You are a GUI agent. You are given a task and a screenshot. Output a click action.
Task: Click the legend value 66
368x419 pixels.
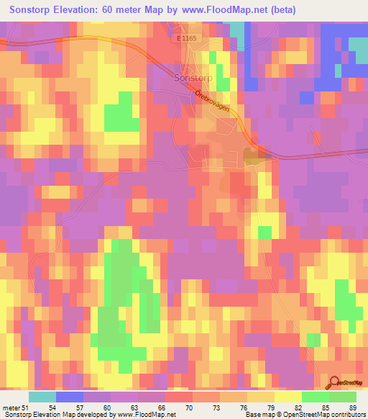pos(161,407)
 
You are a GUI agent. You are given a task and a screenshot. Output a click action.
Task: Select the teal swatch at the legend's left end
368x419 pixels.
pos(42,397)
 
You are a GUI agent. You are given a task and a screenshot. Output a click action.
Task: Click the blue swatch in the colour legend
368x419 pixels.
pos(70,397)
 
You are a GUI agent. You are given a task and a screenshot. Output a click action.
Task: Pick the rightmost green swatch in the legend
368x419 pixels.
pos(343,397)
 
